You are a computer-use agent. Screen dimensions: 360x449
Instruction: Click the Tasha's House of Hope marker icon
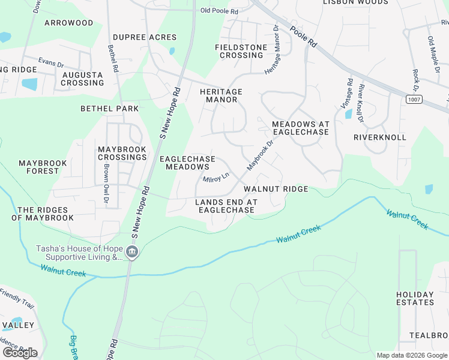coord(133,252)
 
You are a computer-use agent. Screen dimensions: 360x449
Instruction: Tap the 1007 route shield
coord(413,98)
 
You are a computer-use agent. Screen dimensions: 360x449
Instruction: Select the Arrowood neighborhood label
coord(69,23)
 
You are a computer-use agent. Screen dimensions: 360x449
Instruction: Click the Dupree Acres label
coord(145,37)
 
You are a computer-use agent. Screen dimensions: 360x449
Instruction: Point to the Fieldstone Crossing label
coord(241,51)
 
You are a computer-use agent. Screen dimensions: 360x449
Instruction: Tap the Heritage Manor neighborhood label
coord(221,95)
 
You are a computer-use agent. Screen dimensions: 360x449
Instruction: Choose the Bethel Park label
coord(110,109)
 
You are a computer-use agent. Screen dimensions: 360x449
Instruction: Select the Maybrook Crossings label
coord(122,152)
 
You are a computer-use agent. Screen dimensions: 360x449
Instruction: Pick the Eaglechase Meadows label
coord(187,163)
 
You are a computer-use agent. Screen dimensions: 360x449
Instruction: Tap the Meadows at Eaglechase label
coord(300,128)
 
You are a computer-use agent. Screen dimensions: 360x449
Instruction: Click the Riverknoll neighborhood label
coord(380,137)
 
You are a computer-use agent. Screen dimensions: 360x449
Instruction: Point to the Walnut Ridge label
coord(276,189)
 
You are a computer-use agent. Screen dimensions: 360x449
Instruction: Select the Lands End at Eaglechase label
coord(226,206)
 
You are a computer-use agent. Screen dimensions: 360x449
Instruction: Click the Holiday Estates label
coord(415,298)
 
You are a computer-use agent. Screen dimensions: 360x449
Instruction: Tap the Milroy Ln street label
coord(216,178)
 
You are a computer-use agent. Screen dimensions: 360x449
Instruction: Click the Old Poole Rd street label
coord(219,11)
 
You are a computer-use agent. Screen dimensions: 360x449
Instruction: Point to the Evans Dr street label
coord(51,62)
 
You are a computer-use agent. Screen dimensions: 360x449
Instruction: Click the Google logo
coord(20,353)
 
